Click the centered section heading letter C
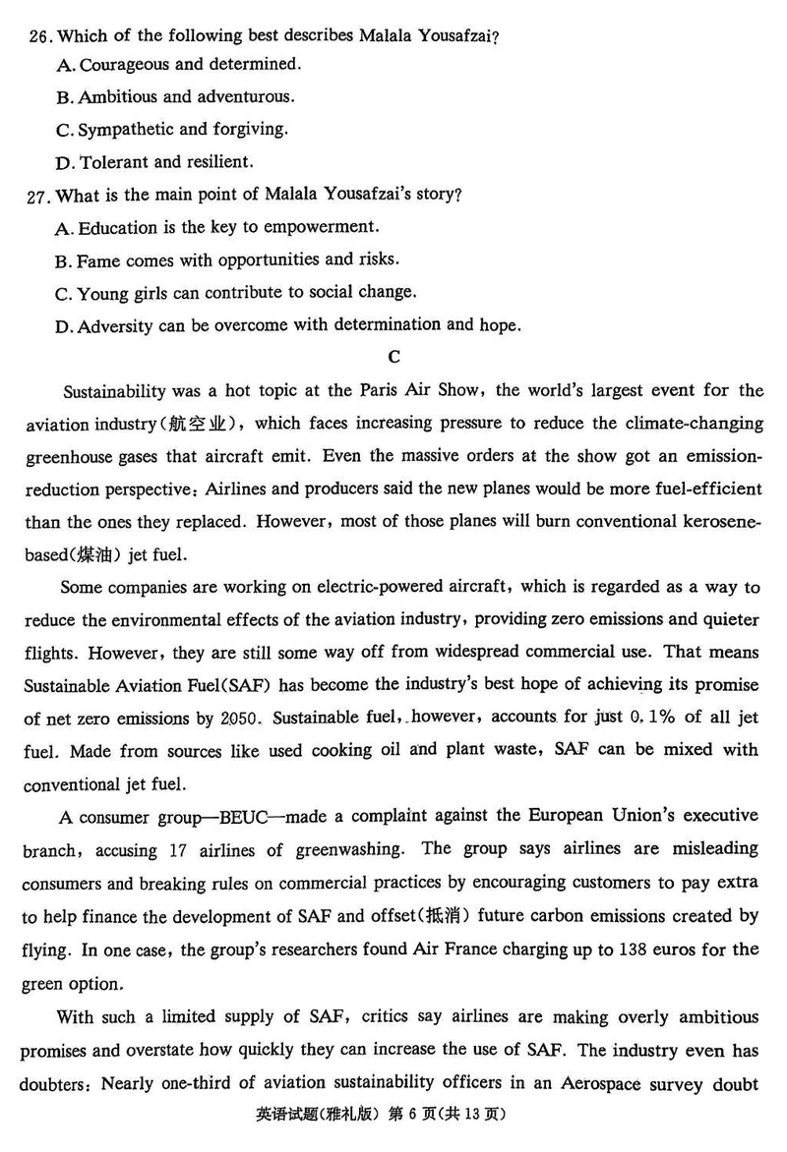pyautogui.click(x=394, y=357)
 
